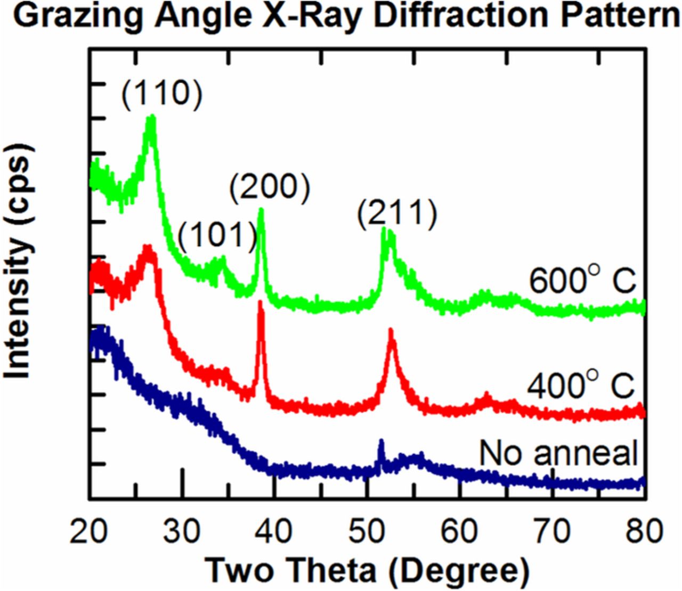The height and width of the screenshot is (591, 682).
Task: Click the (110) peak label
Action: click(162, 94)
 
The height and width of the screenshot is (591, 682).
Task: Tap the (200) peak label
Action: click(270, 187)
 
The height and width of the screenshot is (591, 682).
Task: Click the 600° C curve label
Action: click(582, 281)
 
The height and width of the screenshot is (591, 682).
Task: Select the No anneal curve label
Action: click(558, 454)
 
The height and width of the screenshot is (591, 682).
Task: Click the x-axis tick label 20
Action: click(89, 531)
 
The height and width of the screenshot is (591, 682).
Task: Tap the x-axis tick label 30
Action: click(182, 531)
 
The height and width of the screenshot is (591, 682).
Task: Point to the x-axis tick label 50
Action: click(367, 531)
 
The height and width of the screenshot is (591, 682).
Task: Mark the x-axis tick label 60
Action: click(460, 531)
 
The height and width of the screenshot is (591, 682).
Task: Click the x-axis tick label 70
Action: click(553, 531)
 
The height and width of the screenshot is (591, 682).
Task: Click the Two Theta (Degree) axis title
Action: click(367, 571)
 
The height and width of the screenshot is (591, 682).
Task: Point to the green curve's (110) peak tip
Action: click(151, 118)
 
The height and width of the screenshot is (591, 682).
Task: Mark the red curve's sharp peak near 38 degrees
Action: click(261, 305)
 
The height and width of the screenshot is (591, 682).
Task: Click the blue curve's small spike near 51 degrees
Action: click(381, 442)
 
